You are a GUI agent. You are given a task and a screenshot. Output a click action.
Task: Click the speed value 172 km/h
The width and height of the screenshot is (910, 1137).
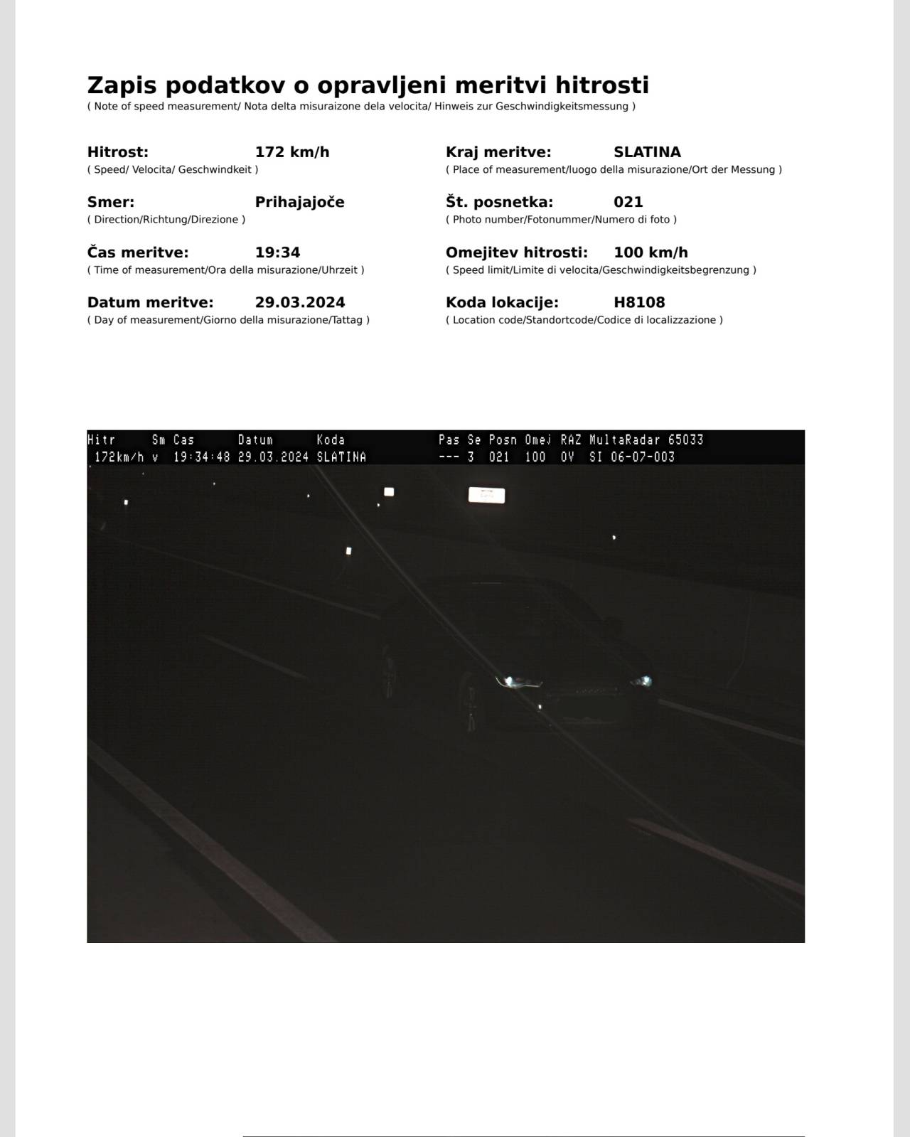291,152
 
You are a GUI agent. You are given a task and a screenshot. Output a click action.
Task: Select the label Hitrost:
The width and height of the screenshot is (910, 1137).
118,152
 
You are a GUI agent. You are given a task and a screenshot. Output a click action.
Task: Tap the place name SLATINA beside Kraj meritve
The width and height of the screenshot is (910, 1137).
647,152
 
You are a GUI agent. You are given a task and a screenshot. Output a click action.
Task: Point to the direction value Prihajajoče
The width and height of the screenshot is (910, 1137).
299,202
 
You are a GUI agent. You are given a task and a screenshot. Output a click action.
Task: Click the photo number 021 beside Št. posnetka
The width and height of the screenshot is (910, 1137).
628,202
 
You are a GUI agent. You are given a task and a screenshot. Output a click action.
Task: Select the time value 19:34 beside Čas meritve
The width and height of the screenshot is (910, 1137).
277,252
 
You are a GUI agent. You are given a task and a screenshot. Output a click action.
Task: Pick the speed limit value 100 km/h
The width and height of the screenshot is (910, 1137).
651,252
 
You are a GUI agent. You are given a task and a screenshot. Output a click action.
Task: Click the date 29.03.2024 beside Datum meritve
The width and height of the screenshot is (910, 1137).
300,302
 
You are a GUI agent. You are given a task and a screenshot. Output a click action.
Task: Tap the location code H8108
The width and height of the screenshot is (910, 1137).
639,302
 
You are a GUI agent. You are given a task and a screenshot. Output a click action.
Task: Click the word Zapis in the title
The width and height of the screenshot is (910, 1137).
122,86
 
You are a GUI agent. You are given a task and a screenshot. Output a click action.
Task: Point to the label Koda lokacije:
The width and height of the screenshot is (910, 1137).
502,302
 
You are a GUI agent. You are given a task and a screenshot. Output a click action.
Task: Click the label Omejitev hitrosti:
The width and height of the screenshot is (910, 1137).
517,252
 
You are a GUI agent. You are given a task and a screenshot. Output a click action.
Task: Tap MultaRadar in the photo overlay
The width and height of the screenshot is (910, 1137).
625,440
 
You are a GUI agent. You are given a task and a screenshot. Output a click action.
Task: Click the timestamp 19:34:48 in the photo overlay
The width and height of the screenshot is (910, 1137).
202,457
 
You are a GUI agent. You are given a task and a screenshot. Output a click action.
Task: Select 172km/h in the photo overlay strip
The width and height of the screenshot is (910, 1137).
119,457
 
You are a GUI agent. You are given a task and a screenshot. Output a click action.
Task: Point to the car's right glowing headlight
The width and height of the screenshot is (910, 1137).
642,681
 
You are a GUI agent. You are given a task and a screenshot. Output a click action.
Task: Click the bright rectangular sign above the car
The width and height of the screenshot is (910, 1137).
486,495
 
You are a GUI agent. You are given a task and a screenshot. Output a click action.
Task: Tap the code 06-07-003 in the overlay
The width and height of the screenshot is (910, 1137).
642,457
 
